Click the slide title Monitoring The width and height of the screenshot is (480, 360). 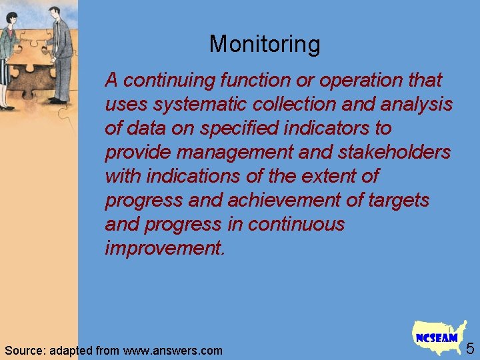[x=265, y=45]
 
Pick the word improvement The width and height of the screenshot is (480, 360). [x=165, y=249]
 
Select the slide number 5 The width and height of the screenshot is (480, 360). [x=470, y=348]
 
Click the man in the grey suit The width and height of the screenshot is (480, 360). [x=61, y=53]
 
